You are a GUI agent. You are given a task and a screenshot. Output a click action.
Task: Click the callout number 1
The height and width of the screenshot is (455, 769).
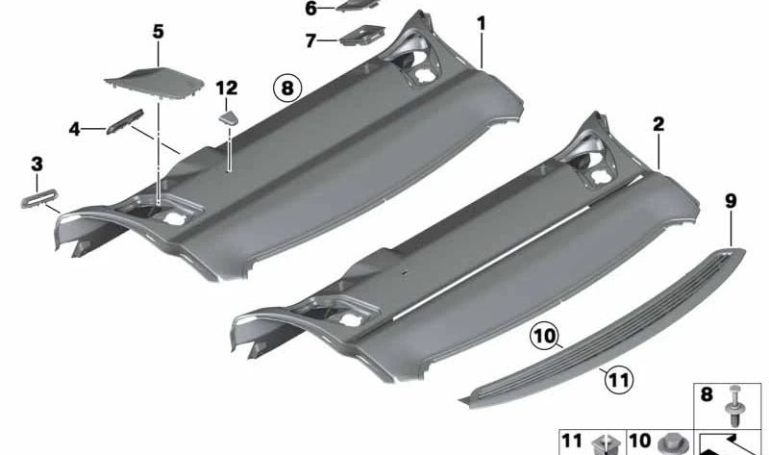[x=482, y=23]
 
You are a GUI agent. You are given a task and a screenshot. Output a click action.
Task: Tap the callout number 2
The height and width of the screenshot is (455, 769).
[x=658, y=124]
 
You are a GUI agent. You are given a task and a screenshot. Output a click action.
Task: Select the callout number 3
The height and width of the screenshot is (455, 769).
[x=37, y=164]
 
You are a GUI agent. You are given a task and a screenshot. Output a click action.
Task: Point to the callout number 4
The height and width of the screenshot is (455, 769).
[x=74, y=130]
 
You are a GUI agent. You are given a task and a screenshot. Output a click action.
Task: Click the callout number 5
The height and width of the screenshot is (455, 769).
[x=158, y=32]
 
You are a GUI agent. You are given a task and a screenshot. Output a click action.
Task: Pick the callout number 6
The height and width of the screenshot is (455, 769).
[x=310, y=9]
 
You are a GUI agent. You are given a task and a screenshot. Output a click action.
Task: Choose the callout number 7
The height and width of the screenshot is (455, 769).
[x=310, y=40]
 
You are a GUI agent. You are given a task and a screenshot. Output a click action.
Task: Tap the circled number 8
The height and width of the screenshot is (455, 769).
[x=287, y=88]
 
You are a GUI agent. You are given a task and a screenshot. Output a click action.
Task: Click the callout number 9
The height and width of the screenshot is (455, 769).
[x=731, y=201]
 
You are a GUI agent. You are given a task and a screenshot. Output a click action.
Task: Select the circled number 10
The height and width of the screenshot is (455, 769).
[x=544, y=337]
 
